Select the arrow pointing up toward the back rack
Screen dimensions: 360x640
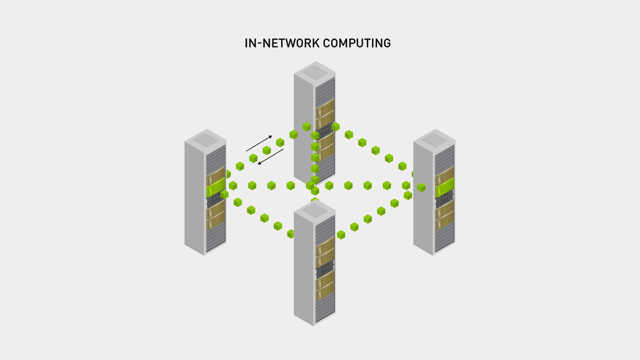pos(259,143)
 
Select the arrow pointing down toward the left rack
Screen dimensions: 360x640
pos(271,157)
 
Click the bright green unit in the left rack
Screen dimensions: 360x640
pos(215,187)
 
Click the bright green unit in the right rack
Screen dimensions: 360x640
pos(444,187)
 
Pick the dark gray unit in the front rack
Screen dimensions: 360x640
pos(324,270)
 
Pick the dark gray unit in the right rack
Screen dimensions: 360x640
pos(444,199)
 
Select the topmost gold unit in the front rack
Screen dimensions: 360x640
pos(324,245)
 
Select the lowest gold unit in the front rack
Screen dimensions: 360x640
pos(324,292)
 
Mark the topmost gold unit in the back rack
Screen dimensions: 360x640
pos(324,107)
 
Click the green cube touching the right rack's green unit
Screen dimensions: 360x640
pos(421,187)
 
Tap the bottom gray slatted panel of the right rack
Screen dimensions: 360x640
pos(444,237)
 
